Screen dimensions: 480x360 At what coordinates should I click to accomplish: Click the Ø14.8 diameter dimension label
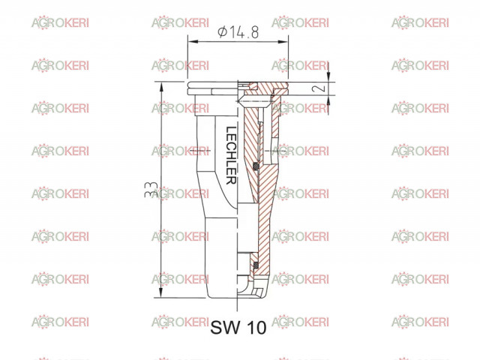(238, 32)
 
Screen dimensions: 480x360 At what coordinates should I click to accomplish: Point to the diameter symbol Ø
(223, 31)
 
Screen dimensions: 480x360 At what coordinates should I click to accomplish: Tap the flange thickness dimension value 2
(319, 88)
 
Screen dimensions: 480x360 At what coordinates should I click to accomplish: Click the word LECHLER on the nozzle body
(230, 155)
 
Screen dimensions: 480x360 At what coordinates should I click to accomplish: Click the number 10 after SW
(256, 327)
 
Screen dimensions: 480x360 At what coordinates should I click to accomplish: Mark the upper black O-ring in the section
(256, 166)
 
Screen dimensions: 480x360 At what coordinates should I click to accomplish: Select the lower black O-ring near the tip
(256, 264)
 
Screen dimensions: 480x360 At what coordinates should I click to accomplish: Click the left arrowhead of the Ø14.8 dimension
(193, 41)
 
